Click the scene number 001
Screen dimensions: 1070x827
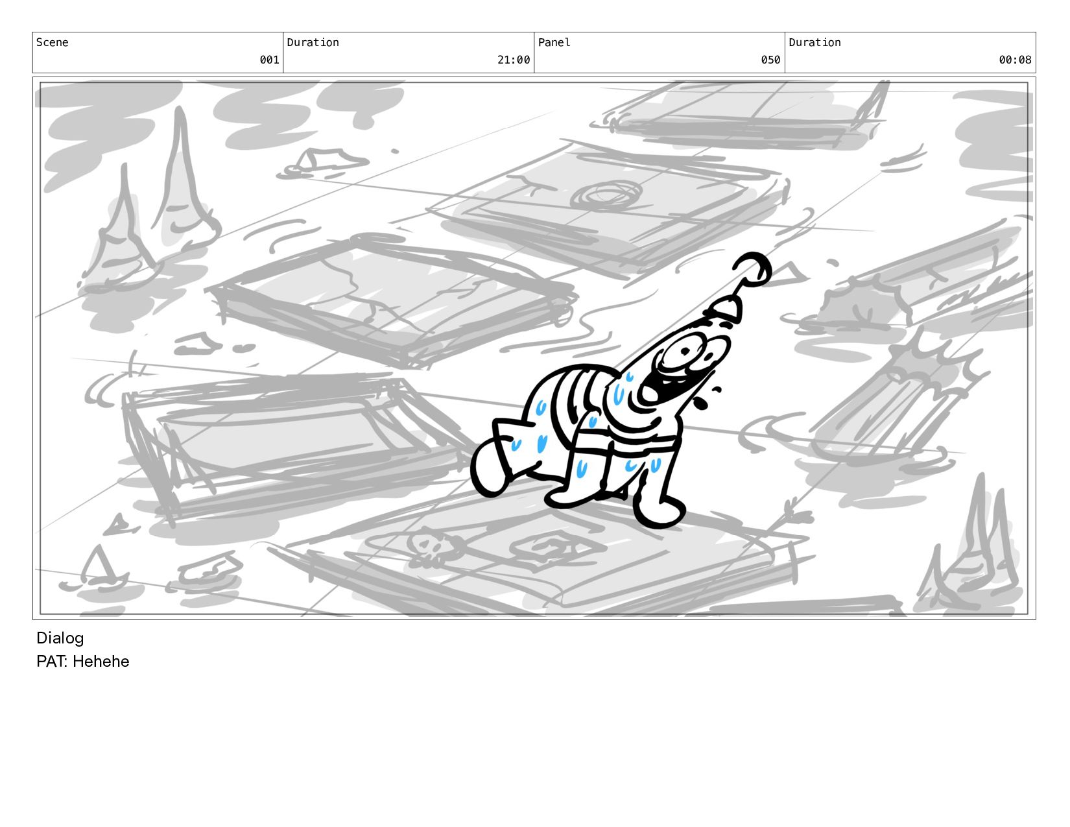[x=269, y=60]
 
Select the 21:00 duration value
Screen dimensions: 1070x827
[x=514, y=60]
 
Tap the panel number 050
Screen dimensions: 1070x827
[x=770, y=60]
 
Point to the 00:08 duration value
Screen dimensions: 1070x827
[x=1015, y=60]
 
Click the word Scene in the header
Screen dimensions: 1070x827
[x=52, y=42]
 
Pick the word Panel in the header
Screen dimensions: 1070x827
[x=554, y=42]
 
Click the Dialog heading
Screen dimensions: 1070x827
[x=60, y=638]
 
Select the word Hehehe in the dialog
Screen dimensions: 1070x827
[x=101, y=661]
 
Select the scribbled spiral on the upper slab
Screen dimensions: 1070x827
[x=606, y=196]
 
